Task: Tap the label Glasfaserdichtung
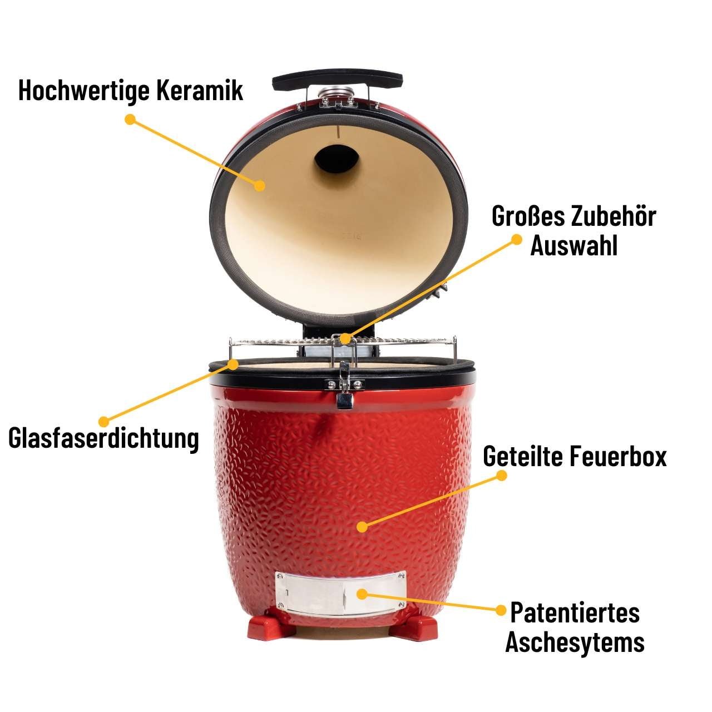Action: pos(103,438)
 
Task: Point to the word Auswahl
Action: pos(573,245)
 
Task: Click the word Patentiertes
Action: pos(575,613)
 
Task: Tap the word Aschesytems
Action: pos(575,642)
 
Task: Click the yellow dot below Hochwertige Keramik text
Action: pos(130,120)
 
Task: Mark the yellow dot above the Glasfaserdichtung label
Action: pos(103,420)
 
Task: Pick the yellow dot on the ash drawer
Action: pos(362,594)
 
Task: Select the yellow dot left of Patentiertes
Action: pos(500,609)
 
